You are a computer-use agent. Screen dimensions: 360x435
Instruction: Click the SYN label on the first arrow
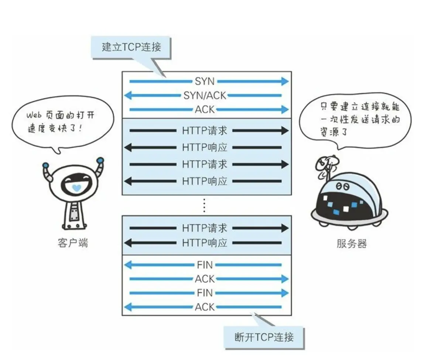click(x=205, y=81)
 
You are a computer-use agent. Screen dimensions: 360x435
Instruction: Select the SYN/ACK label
click(x=205, y=95)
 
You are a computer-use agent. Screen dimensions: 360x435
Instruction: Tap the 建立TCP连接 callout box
click(x=131, y=47)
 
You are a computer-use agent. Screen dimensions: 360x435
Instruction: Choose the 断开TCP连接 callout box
click(x=264, y=337)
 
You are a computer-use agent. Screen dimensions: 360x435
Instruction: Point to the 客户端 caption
click(x=73, y=243)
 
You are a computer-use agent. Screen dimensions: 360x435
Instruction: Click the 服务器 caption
click(x=352, y=244)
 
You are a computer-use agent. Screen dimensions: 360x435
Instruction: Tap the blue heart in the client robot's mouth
click(x=76, y=188)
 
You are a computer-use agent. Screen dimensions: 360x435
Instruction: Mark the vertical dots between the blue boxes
click(x=204, y=205)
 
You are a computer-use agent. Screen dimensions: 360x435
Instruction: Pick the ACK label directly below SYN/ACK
click(x=205, y=109)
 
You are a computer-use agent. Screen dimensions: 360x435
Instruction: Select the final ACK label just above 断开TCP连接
click(x=205, y=307)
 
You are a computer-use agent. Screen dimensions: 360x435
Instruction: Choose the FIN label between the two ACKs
click(x=205, y=293)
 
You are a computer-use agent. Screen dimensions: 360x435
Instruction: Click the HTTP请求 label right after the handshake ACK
click(x=205, y=130)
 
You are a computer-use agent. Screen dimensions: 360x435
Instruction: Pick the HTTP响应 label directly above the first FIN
click(x=205, y=243)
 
